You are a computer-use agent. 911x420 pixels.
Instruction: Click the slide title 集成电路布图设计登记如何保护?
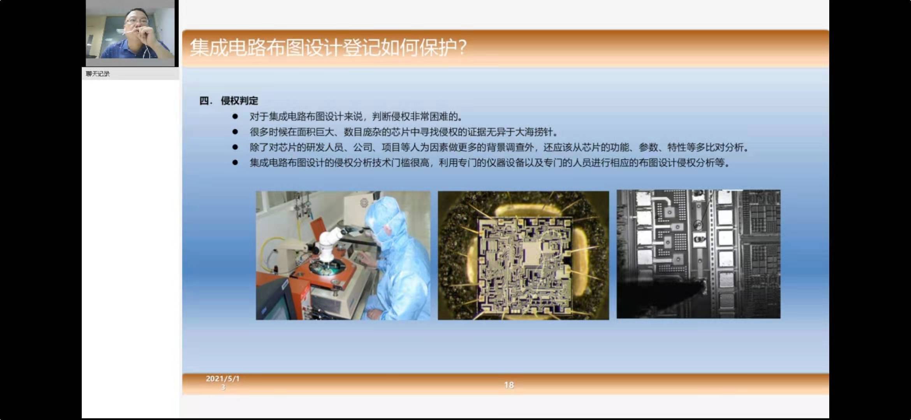[x=328, y=47]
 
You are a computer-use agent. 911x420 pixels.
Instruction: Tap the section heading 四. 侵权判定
[x=229, y=101]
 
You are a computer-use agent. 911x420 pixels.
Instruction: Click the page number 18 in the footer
[x=509, y=385]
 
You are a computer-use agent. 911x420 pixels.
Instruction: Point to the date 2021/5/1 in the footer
[x=223, y=378]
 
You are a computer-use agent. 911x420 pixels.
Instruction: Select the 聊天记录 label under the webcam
[x=98, y=74]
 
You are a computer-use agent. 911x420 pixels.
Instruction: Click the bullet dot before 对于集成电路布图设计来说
[x=235, y=116]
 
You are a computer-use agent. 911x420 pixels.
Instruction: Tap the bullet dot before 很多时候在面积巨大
[x=235, y=132]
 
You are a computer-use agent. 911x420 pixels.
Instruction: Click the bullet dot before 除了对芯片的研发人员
[x=235, y=147]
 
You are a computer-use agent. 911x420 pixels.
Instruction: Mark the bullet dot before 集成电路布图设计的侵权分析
[x=235, y=163]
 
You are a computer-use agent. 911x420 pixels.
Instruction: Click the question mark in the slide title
[x=462, y=47]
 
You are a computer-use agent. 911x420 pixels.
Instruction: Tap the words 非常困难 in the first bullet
[x=429, y=117]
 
